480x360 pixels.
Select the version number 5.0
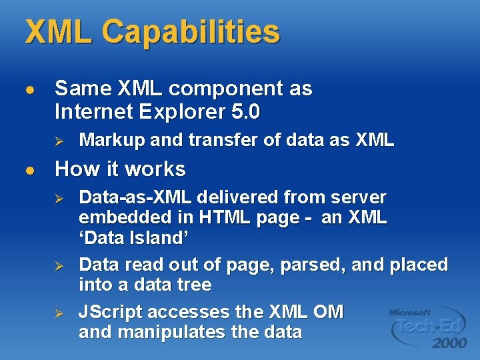click(x=243, y=112)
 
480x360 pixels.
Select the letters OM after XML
click(x=328, y=312)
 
